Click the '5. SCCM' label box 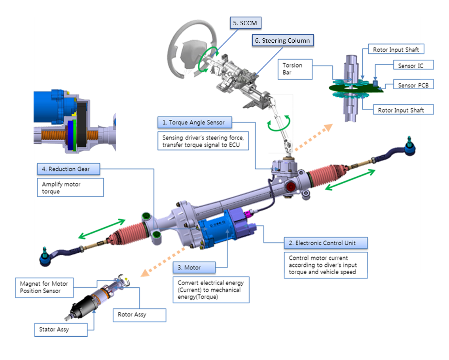point(246,23)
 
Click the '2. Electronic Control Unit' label point(326,243)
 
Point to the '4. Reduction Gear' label point(69,169)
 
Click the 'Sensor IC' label point(410,66)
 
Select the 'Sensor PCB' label point(410,85)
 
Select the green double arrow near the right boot point(350,179)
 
